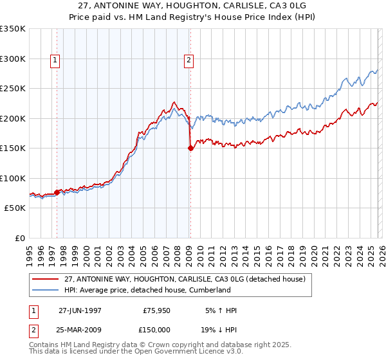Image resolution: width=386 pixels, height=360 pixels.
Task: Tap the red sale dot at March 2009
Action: point(190,148)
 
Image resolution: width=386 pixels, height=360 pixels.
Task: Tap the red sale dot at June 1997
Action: point(57,192)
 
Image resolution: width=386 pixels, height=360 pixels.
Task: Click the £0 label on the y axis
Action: point(19,239)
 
